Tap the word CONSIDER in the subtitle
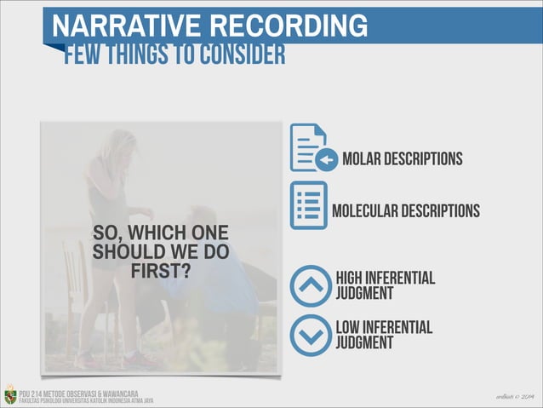pos(243,55)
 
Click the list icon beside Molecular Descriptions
pos(308,204)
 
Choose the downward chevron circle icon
pos(310,335)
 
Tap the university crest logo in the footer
pos(9,394)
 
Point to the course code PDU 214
pos(33,392)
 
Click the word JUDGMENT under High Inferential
pos(364,294)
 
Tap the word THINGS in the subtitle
pos(141,55)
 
